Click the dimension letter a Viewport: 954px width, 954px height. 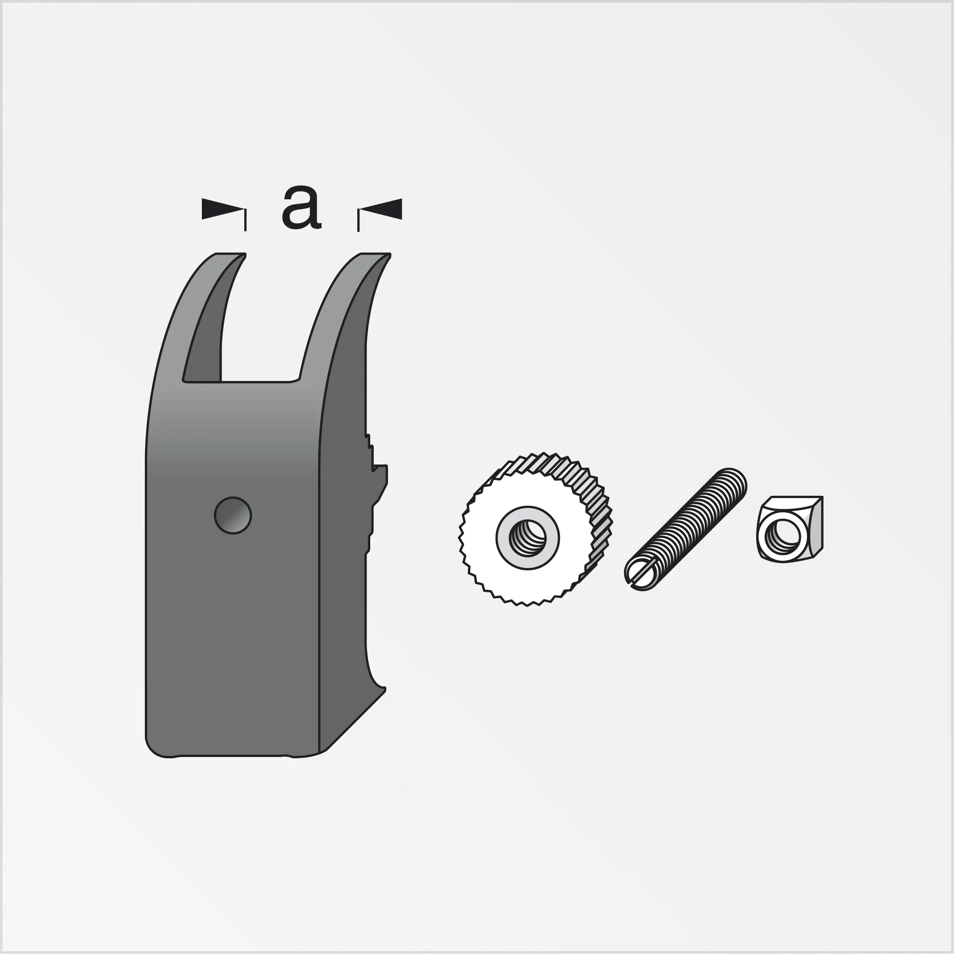click(x=301, y=208)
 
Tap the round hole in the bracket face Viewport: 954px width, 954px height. click(x=233, y=515)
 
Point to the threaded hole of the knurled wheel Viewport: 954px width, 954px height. click(x=527, y=538)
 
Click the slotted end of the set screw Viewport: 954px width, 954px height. click(x=640, y=574)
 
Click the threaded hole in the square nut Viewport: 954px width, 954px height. click(x=783, y=535)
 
